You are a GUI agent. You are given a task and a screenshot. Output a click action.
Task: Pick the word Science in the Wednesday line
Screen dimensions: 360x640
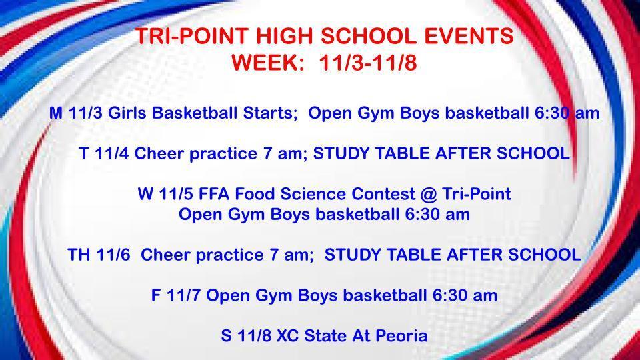[309, 194]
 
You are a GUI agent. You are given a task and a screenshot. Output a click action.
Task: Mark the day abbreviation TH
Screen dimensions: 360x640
[78, 255]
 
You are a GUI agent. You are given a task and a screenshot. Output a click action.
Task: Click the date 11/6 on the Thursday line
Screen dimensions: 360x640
[113, 255]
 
